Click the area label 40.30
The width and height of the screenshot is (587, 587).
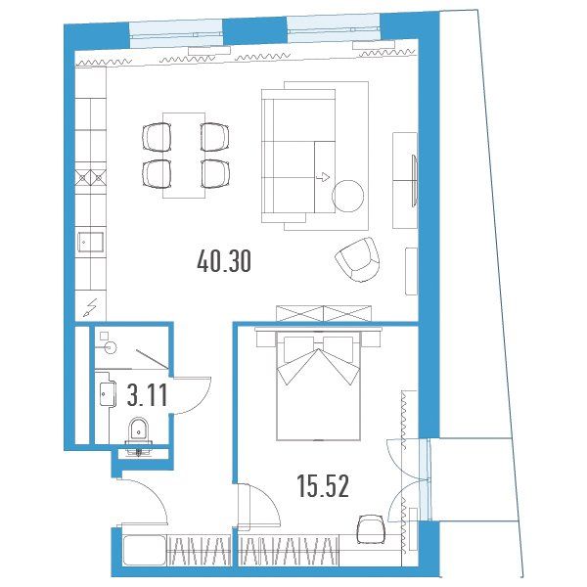[224, 261]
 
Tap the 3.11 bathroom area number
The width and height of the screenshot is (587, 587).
[147, 395]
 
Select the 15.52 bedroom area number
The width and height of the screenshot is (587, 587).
[323, 486]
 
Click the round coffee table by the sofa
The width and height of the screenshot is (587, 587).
[347, 196]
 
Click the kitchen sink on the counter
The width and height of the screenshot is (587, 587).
[90, 243]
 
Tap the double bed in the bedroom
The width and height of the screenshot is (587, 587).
[318, 385]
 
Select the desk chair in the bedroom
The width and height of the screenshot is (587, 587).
[371, 529]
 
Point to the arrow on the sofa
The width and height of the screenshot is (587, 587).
[323, 177]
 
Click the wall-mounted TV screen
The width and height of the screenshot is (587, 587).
[415, 180]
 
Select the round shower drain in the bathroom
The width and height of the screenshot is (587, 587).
[111, 347]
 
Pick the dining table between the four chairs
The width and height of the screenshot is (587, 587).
[184, 156]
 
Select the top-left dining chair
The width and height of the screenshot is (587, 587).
[157, 137]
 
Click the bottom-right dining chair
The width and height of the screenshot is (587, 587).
[215, 173]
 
